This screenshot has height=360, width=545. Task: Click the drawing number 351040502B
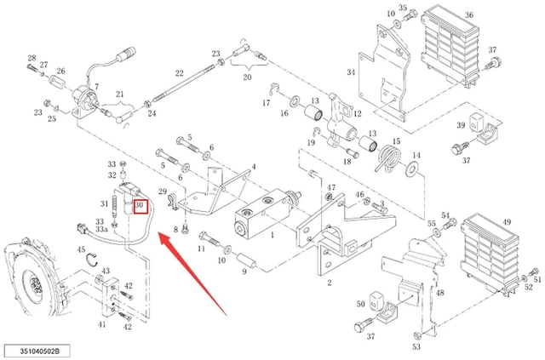pyautogui.click(x=37, y=351)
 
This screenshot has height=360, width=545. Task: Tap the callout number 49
pyautogui.click(x=507, y=221)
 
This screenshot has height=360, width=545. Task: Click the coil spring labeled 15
pyautogui.click(x=389, y=158)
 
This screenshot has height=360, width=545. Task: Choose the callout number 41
pyautogui.click(x=101, y=324)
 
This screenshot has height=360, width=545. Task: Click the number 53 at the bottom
pyautogui.click(x=416, y=346)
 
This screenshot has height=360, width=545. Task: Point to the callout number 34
pyautogui.click(x=351, y=72)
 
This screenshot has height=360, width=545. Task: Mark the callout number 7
pyautogui.click(x=96, y=87)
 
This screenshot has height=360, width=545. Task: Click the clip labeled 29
pyautogui.click(x=172, y=203)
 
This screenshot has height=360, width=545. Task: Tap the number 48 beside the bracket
pyautogui.click(x=440, y=293)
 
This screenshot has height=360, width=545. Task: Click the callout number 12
pyautogui.click(x=358, y=113)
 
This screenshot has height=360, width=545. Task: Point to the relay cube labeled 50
pyautogui.click(x=376, y=300)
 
